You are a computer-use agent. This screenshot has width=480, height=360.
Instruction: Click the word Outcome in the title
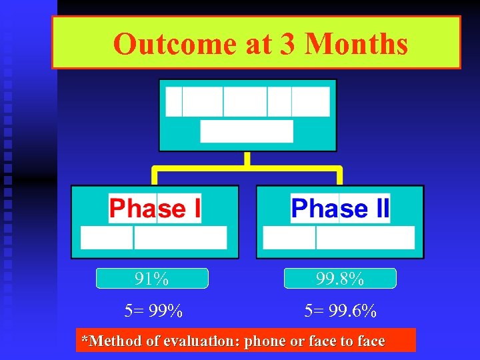(x=174, y=44)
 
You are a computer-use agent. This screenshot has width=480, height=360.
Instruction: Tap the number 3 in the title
(x=288, y=44)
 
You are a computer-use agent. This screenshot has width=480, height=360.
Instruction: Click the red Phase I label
(x=155, y=209)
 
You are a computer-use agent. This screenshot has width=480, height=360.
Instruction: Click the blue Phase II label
(x=340, y=209)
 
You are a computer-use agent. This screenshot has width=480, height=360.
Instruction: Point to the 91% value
(x=152, y=279)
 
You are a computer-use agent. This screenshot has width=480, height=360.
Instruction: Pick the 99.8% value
(x=340, y=279)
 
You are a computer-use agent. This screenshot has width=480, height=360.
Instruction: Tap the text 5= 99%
(x=153, y=311)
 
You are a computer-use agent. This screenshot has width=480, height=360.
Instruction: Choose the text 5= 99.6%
(x=340, y=311)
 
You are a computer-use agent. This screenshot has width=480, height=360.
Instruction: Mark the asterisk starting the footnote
(x=84, y=339)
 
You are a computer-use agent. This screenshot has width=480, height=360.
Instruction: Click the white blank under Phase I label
(x=154, y=238)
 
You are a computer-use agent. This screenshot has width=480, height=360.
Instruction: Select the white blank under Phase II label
(x=339, y=238)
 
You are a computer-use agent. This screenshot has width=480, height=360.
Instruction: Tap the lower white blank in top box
(x=247, y=131)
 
